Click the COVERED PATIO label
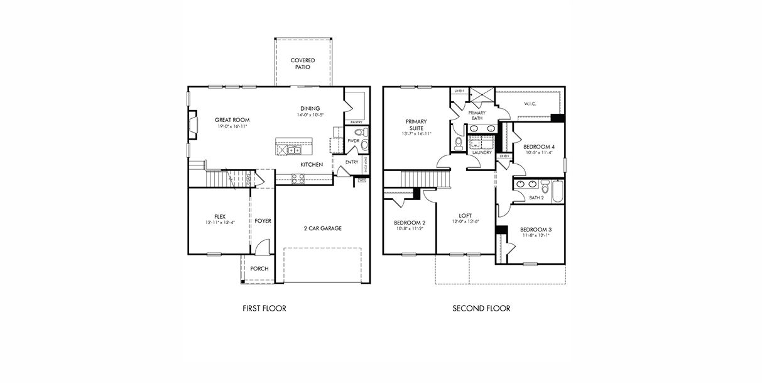coord(302,64)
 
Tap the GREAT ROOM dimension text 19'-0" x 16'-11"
coord(232,126)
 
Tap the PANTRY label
coord(356,121)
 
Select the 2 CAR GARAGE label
coord(322,228)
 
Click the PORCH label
coord(259,269)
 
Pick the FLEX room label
coord(219,216)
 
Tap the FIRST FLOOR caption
coord(264,309)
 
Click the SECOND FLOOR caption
coord(481,309)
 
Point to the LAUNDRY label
coord(482,152)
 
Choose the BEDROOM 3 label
coord(536,230)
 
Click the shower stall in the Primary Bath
coord(482,96)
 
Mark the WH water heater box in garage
coord(362,180)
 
